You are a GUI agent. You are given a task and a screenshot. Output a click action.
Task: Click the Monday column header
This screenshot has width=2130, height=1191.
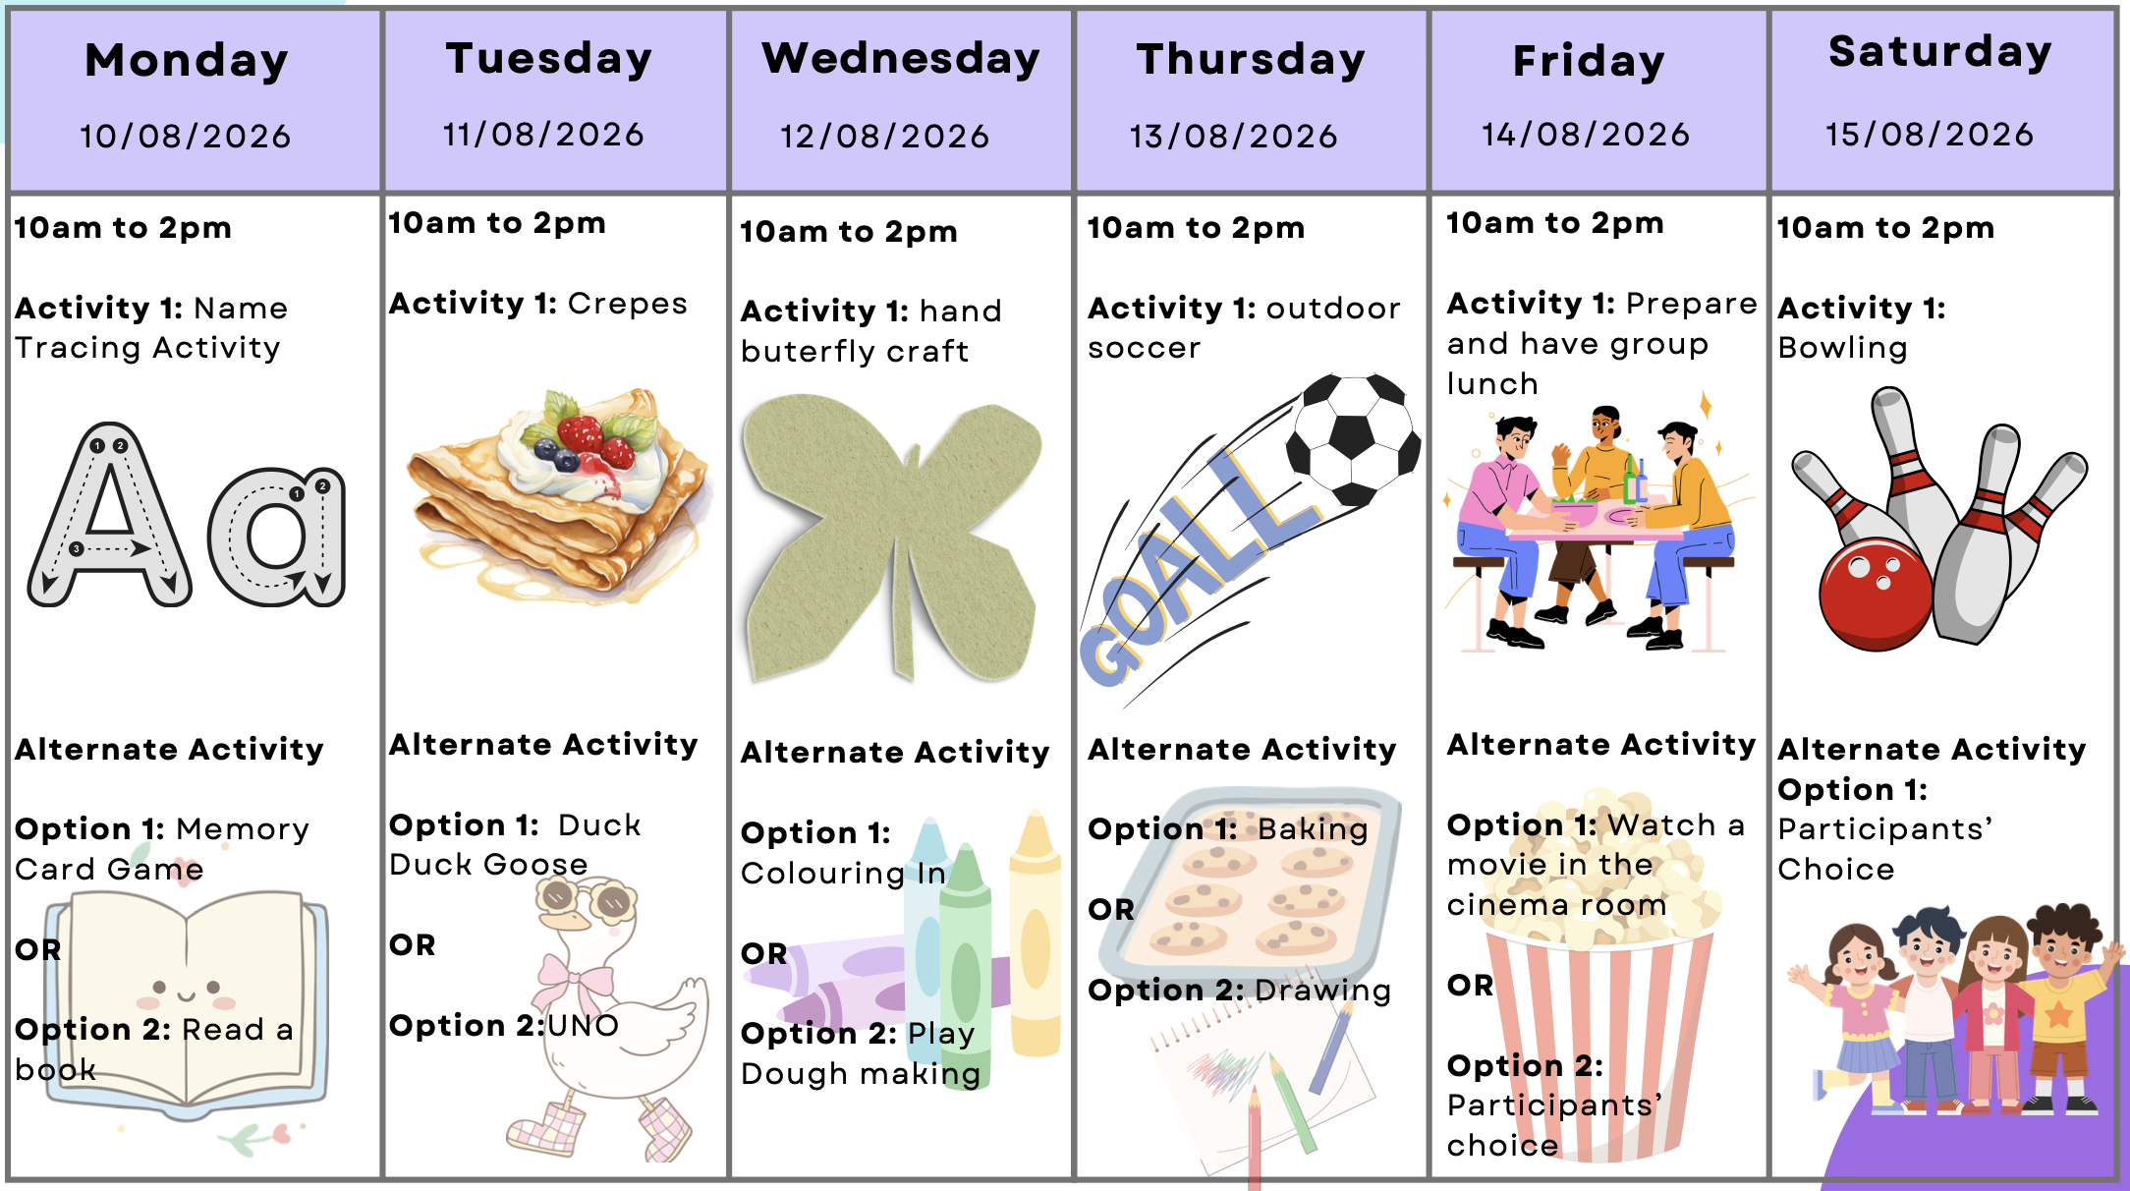tap(187, 61)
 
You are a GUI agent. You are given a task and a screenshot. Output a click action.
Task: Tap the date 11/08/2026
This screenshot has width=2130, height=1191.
tap(543, 135)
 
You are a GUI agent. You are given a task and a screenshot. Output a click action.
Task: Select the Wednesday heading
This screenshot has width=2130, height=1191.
tap(901, 59)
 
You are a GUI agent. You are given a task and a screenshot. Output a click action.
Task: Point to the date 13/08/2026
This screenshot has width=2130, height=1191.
tap(1234, 136)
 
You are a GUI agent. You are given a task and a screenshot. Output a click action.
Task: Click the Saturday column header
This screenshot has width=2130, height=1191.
tap(1940, 52)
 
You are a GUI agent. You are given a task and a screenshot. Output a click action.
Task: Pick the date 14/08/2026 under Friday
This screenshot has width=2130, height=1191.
tap(1586, 134)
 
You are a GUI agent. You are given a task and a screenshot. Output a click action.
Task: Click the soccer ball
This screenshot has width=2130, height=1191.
tap(1353, 439)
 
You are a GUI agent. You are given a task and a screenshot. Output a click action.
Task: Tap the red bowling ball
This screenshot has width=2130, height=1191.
tap(1875, 594)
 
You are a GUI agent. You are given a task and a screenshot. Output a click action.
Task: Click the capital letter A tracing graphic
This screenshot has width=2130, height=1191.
tap(110, 516)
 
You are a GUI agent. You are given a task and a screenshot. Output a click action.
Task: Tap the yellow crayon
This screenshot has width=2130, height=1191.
tap(1035, 934)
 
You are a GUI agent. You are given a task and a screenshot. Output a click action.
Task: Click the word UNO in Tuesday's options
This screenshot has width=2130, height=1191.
tap(584, 1026)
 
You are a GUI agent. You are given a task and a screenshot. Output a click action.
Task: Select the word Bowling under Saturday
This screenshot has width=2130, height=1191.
tap(1843, 349)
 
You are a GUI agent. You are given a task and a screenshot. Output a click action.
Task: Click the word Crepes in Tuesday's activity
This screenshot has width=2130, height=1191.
tap(628, 304)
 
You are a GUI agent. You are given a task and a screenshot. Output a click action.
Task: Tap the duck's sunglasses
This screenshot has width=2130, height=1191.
tap(586, 897)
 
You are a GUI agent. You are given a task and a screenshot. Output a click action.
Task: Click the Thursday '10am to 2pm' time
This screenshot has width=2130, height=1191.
tap(1196, 228)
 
